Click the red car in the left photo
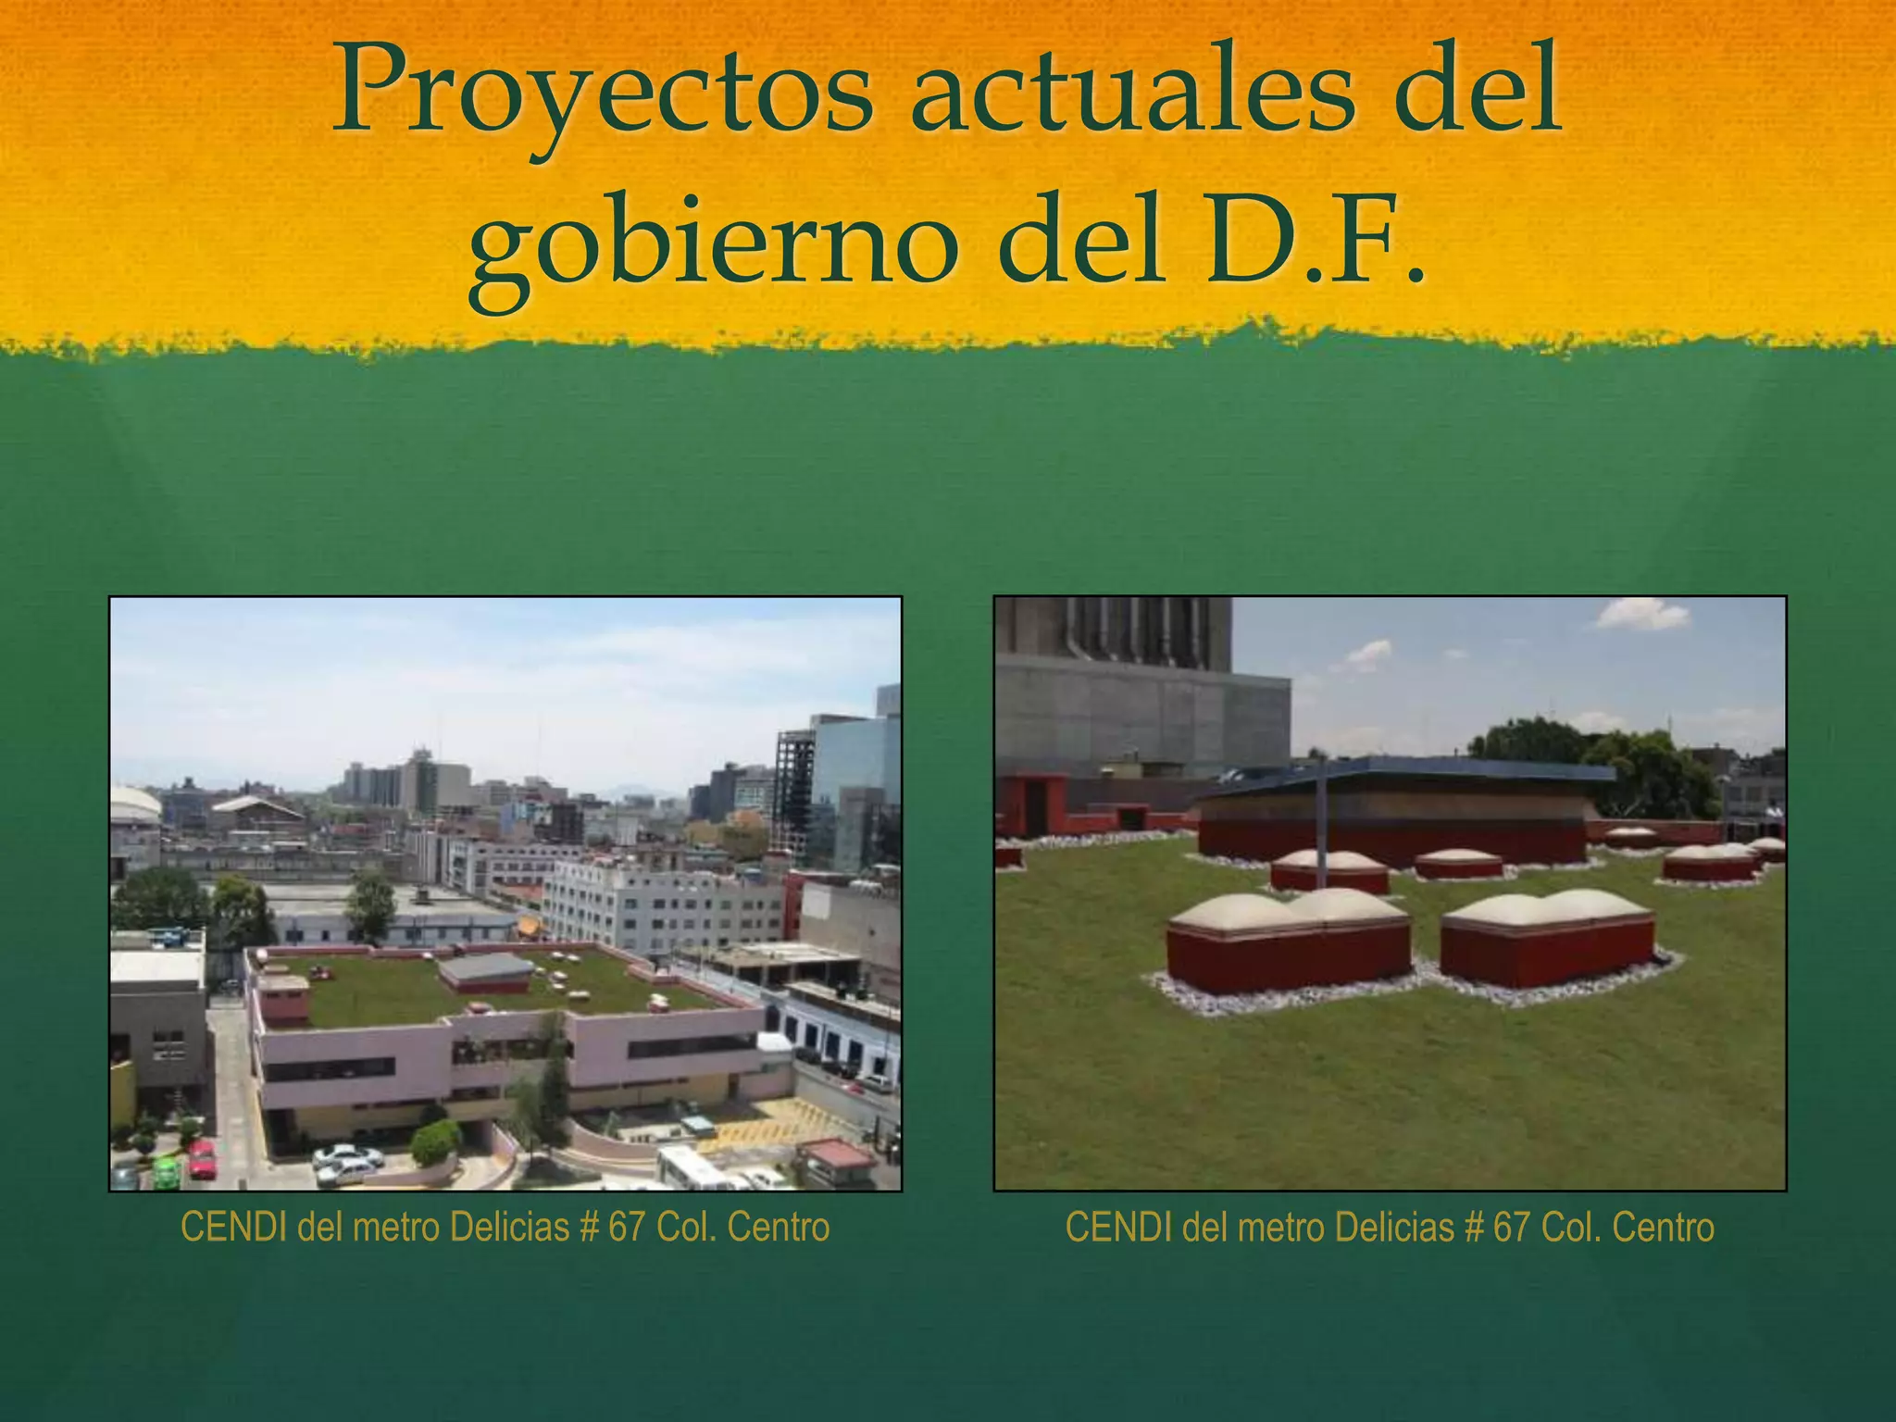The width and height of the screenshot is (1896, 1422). tap(202, 1158)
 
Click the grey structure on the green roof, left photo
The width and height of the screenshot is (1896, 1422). tap(485, 972)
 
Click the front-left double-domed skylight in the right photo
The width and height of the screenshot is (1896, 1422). tap(1288, 935)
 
